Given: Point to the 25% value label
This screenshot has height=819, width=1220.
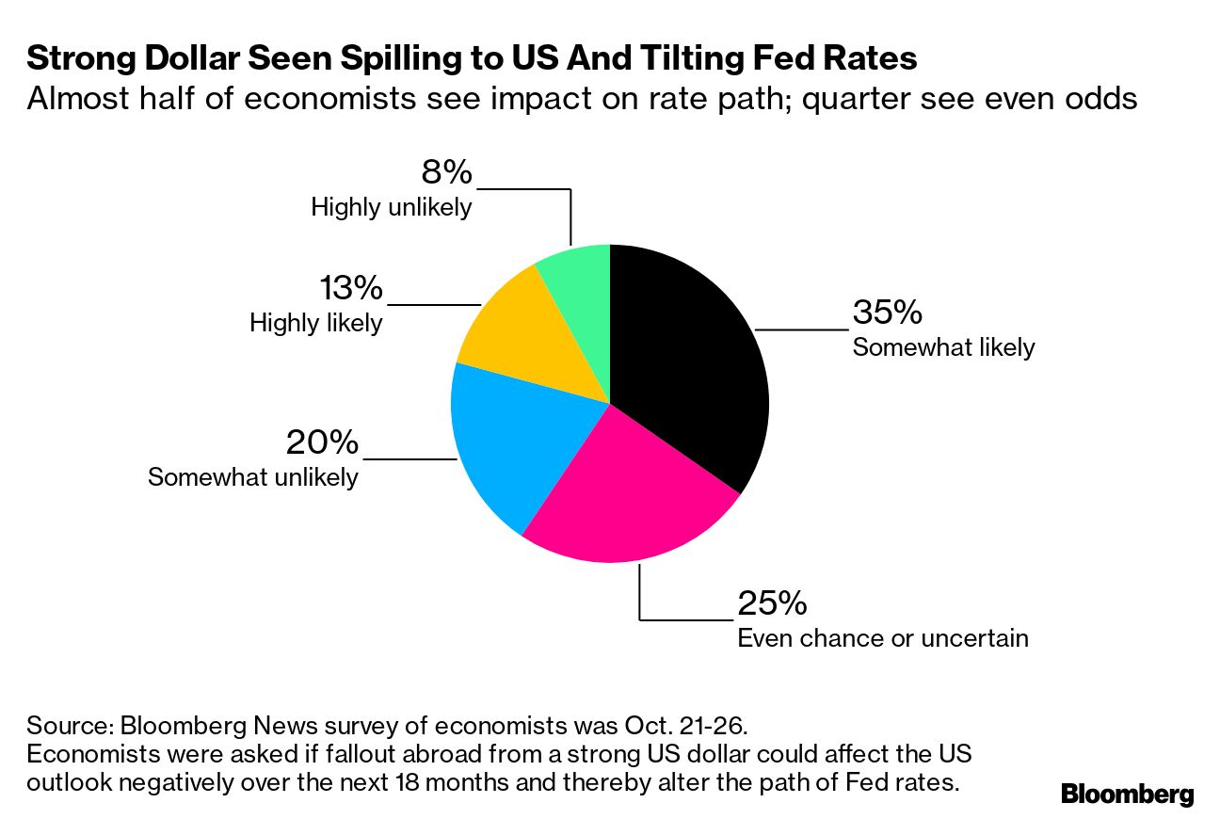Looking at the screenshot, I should pos(772,603).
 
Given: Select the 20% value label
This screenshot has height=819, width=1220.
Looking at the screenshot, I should pos(322,442).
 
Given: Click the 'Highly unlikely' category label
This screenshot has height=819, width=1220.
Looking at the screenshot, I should pos(392,207).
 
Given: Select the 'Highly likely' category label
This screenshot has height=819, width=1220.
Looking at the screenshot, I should pos(316,323).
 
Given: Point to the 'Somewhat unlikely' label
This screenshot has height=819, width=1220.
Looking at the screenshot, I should pos(253,476).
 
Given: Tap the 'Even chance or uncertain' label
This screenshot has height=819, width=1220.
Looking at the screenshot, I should pos(882,637).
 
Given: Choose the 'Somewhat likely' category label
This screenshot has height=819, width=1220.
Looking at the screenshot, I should pos(943,347).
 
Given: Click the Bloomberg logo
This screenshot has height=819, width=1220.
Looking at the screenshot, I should pos(1128,794).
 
